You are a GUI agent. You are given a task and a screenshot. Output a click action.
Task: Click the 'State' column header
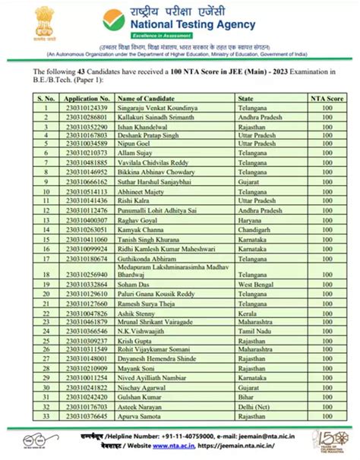245,99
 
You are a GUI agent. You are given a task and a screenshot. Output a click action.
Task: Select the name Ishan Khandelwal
141,129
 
